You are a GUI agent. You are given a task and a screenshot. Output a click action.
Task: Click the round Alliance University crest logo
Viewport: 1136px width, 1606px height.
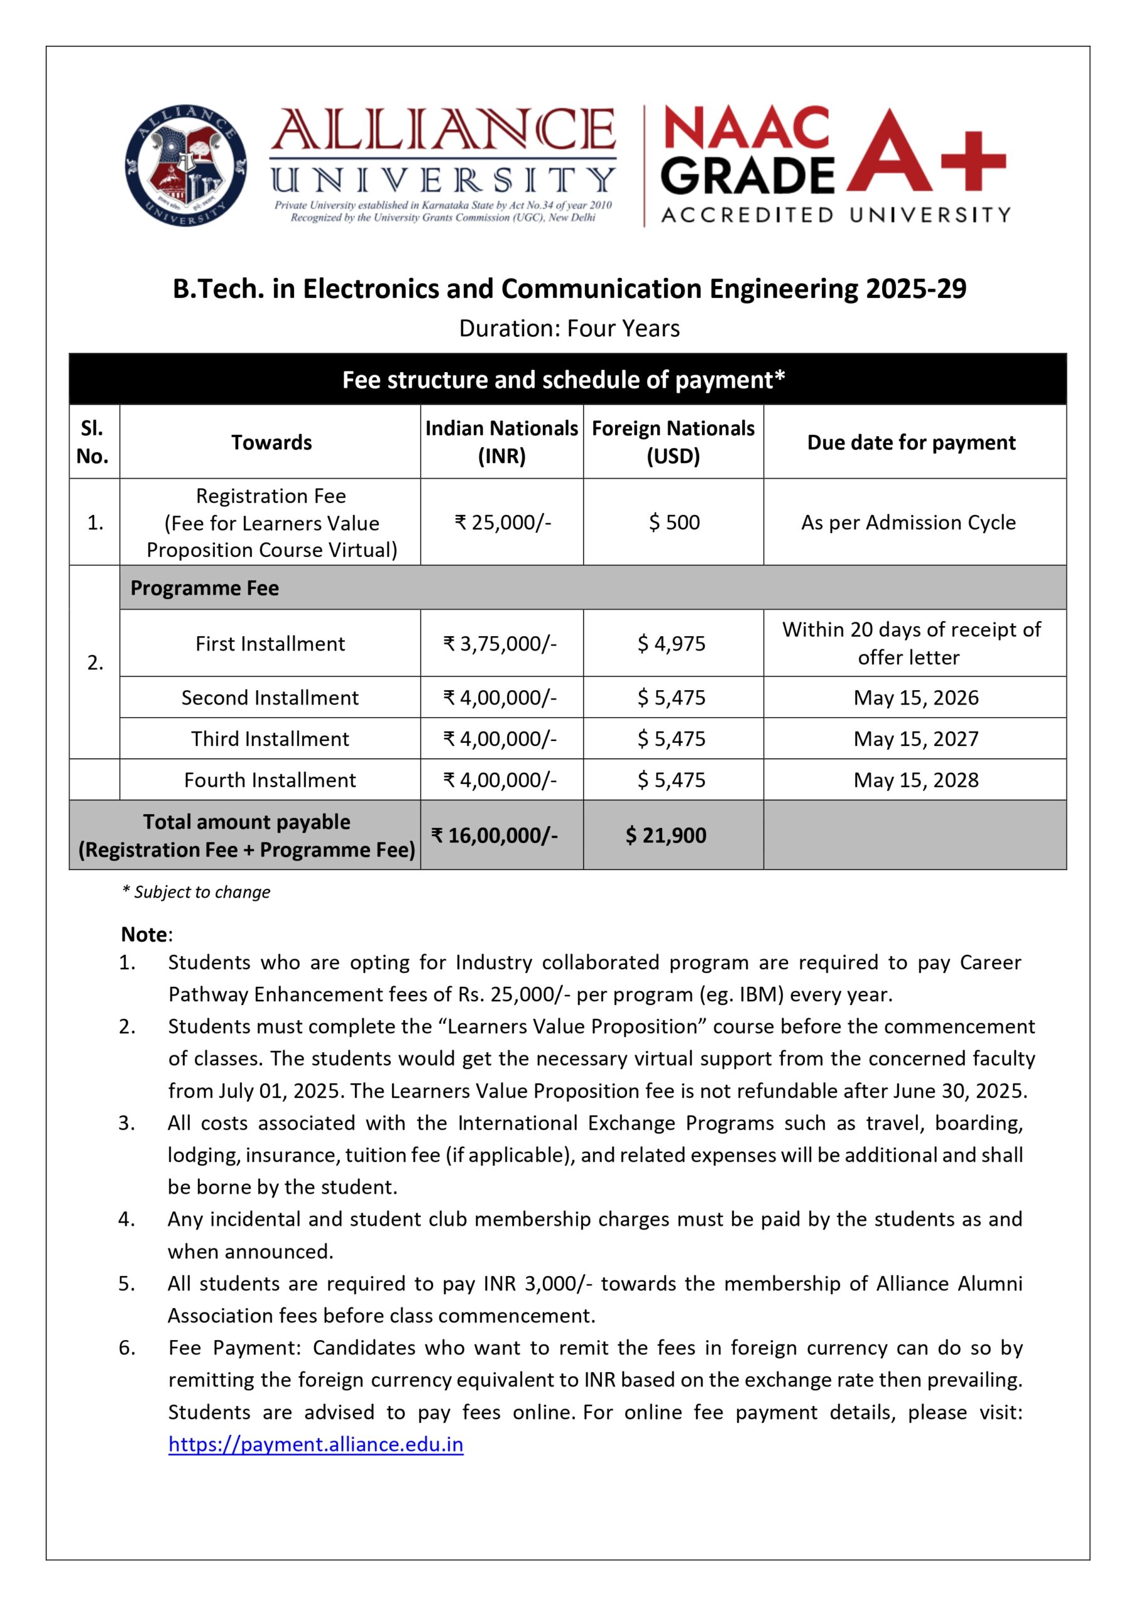tap(186, 165)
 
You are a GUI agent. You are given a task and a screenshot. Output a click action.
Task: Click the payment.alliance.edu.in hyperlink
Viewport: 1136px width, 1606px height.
tap(315, 1444)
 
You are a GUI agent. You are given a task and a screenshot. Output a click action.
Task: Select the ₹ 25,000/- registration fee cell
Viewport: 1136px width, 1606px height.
tap(502, 522)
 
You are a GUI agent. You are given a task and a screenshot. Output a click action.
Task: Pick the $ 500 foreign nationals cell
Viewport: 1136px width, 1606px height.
tap(673, 522)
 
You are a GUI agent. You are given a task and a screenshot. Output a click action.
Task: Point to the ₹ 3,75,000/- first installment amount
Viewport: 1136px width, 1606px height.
tap(500, 643)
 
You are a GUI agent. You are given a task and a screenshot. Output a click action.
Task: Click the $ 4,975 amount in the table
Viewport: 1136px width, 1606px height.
tap(671, 643)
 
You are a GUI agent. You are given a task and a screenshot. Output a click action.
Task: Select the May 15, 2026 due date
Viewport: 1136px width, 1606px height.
tap(916, 697)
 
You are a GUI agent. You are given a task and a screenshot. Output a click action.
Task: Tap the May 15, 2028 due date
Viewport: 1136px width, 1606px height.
tap(916, 780)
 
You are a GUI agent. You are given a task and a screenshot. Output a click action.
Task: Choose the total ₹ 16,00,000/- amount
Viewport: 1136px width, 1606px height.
tap(495, 835)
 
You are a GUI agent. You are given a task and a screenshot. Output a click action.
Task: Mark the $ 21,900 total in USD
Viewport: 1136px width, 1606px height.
tap(666, 835)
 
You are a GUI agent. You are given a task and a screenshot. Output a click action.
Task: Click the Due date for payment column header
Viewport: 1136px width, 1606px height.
tap(911, 442)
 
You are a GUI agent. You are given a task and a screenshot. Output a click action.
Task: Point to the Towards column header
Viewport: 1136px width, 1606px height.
tap(271, 442)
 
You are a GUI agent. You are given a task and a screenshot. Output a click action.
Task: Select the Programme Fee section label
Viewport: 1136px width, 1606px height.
tap(204, 588)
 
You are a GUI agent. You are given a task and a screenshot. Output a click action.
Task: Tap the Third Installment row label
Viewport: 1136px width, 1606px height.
tap(270, 738)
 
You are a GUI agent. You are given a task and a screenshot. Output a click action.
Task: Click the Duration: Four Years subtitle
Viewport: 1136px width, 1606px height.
tap(569, 328)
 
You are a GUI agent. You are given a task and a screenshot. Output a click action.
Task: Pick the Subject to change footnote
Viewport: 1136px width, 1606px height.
tap(197, 891)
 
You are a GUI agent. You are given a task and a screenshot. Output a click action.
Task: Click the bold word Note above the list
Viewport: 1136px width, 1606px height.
tap(145, 934)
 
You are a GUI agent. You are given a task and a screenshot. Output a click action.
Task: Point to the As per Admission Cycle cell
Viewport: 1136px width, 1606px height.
tap(908, 522)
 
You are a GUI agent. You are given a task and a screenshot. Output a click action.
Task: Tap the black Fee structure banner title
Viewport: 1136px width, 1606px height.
tap(563, 380)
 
